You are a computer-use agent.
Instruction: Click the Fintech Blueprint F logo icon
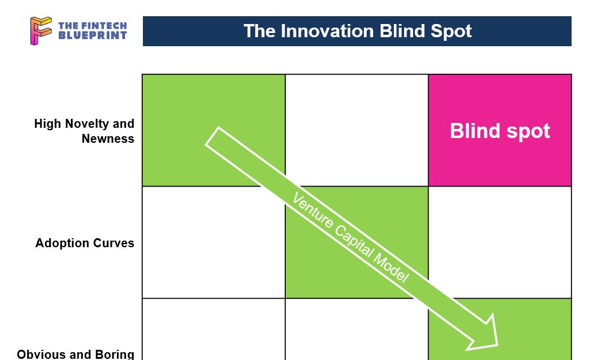click(41, 31)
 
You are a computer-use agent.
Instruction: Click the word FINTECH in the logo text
click(101, 26)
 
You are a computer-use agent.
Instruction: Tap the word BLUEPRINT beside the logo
click(92, 35)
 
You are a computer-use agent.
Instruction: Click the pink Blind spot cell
click(500, 130)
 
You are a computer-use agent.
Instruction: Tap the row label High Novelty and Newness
click(84, 131)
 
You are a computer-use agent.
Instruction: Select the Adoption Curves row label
click(85, 243)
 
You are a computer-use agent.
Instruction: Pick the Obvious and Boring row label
click(76, 354)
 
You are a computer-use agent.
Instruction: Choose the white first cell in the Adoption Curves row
click(213, 242)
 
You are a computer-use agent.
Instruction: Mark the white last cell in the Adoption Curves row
click(500, 242)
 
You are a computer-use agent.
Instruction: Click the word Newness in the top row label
click(108, 139)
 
